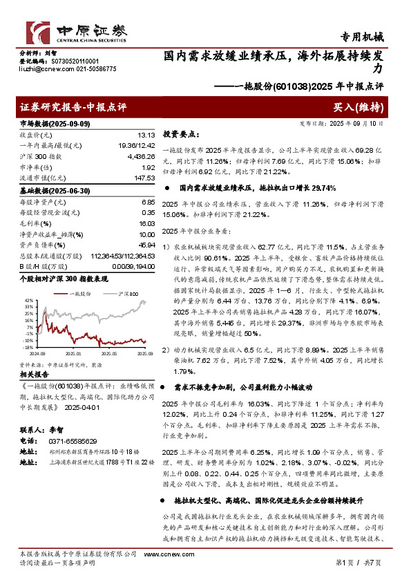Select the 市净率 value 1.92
(x=147, y=168)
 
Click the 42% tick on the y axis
(x=28, y=301)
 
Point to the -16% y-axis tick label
(x=27, y=347)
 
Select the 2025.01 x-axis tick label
(x=76, y=353)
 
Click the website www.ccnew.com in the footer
(x=162, y=554)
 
